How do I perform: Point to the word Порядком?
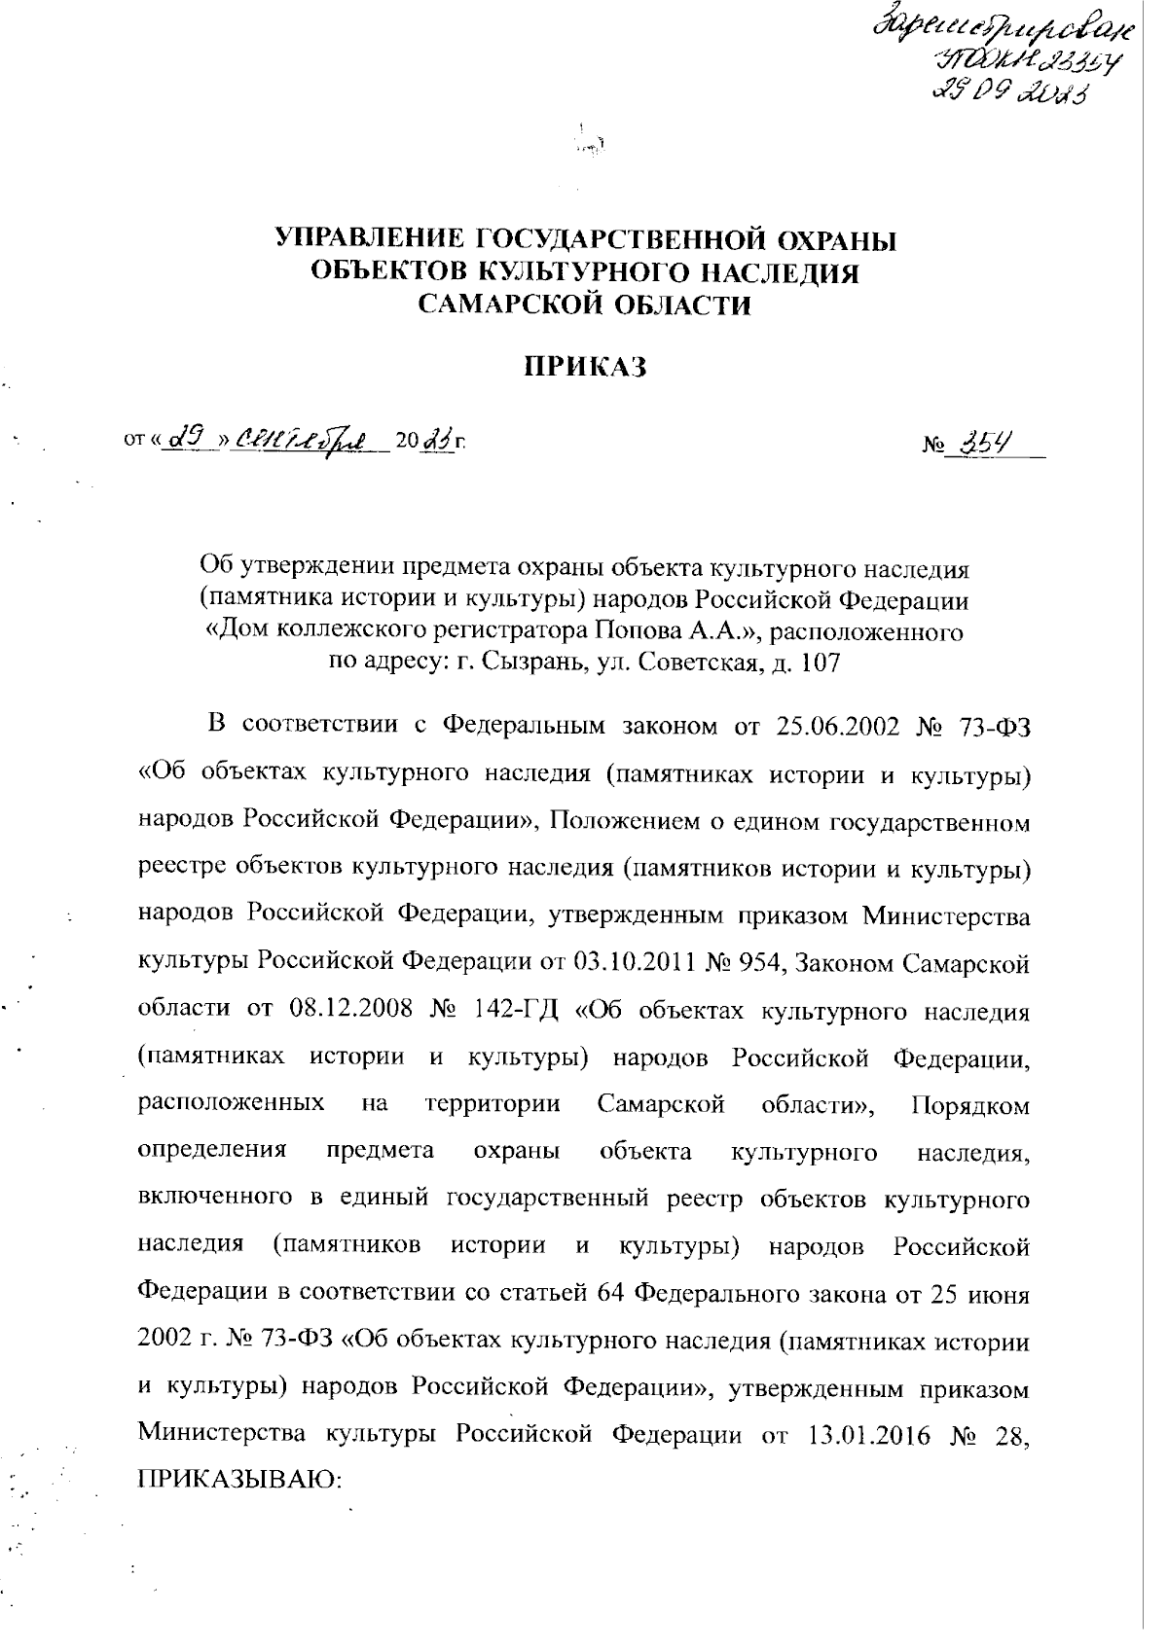(970, 1105)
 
